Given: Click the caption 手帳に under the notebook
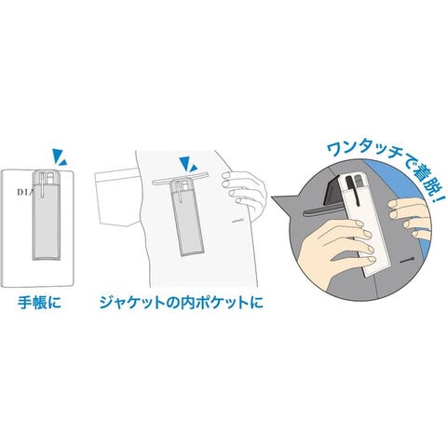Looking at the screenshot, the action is click(x=39, y=303).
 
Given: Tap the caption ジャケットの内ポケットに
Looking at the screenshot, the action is click(x=182, y=303).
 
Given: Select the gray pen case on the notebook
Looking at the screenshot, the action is click(x=46, y=215).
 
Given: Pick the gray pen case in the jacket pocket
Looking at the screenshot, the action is click(x=187, y=218).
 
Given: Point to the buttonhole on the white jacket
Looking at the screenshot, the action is click(x=238, y=221).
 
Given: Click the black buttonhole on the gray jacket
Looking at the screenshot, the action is click(x=406, y=260).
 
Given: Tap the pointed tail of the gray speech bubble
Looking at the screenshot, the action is click(x=273, y=196).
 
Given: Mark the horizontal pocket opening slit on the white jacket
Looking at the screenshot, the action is click(x=180, y=180).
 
